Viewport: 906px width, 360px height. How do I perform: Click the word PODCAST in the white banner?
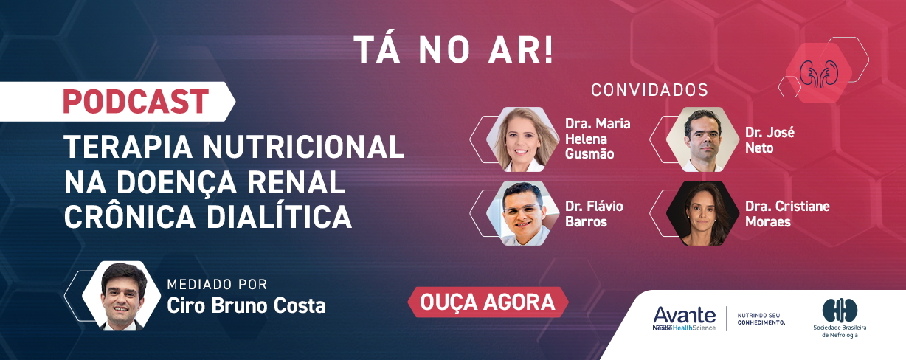(x=136, y=102)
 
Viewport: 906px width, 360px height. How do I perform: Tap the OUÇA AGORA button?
(x=488, y=302)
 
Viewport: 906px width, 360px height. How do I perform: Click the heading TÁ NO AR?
(x=454, y=50)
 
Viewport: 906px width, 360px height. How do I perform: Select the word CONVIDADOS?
(x=649, y=90)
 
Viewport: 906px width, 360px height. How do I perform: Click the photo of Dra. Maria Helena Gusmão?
(x=522, y=139)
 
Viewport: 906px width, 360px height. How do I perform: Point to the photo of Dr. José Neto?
(x=703, y=139)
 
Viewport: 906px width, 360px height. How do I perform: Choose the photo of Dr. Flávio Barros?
(x=522, y=213)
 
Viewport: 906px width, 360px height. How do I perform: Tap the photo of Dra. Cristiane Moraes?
(x=703, y=213)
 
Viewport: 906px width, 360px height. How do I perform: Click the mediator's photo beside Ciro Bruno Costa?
(x=121, y=296)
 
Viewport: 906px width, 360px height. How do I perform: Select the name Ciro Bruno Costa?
(x=246, y=305)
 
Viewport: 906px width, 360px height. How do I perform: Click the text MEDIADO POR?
(x=217, y=284)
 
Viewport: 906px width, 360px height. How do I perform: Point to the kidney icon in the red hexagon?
(x=819, y=74)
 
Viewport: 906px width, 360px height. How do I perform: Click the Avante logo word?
(x=685, y=315)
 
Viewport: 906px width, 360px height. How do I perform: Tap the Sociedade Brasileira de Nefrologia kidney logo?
(x=840, y=311)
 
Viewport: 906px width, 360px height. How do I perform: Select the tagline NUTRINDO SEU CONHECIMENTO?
(x=761, y=319)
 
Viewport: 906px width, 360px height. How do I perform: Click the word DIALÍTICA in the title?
(x=279, y=217)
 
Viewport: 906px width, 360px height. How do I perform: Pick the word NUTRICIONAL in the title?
(x=304, y=147)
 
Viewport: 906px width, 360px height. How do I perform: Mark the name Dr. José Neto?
(x=770, y=140)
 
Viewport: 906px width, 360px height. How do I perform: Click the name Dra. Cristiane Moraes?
(x=787, y=214)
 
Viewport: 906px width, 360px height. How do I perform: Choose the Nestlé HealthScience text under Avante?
(x=685, y=328)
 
